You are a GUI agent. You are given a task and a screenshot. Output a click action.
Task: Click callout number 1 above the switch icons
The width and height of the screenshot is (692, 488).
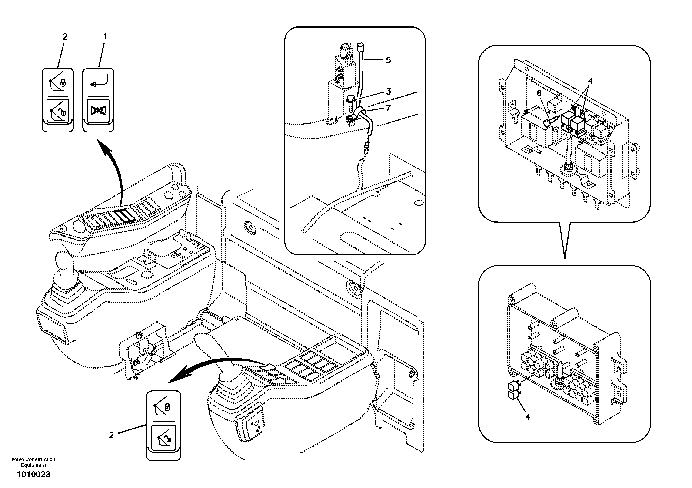click(x=105, y=37)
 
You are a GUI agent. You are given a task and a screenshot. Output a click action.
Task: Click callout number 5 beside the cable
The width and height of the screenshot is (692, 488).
click(x=388, y=60)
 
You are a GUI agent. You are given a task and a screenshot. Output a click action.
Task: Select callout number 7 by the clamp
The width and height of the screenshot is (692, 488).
click(x=388, y=108)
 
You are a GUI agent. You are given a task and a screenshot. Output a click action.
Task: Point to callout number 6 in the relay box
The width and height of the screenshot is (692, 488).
click(x=539, y=94)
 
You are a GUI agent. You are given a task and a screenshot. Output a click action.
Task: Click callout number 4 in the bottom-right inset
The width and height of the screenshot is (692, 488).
click(x=527, y=417)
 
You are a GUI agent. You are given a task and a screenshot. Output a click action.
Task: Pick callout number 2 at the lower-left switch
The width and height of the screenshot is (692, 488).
click(x=111, y=435)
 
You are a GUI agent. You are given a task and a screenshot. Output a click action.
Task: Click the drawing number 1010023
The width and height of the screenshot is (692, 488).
click(x=33, y=475)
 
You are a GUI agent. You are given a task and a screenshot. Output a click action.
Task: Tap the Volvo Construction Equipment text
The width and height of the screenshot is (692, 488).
click(x=33, y=462)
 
